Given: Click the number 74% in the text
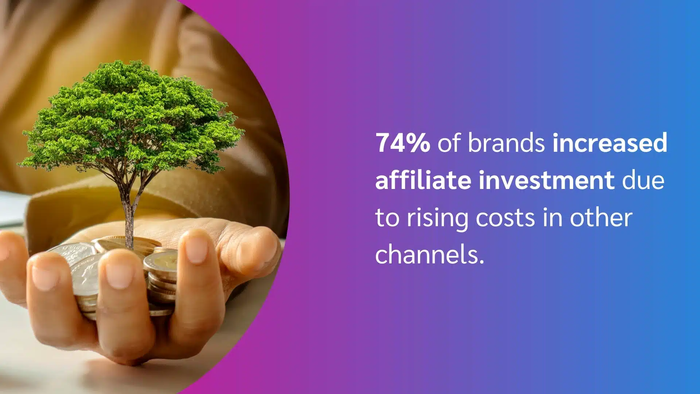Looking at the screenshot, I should pyautogui.click(x=402, y=143).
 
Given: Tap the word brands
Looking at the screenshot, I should pyautogui.click(x=506, y=143).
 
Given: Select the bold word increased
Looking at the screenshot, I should pyautogui.click(x=610, y=143).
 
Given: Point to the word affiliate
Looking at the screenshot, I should pyautogui.click(x=423, y=180).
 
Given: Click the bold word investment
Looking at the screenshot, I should pyautogui.click(x=547, y=180).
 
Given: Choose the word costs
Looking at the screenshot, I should pyautogui.click(x=505, y=218).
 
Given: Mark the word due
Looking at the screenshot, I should pyautogui.click(x=643, y=180).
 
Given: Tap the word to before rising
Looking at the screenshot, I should pyautogui.click(x=387, y=218).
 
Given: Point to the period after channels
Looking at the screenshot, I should pyautogui.click(x=482, y=262).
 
